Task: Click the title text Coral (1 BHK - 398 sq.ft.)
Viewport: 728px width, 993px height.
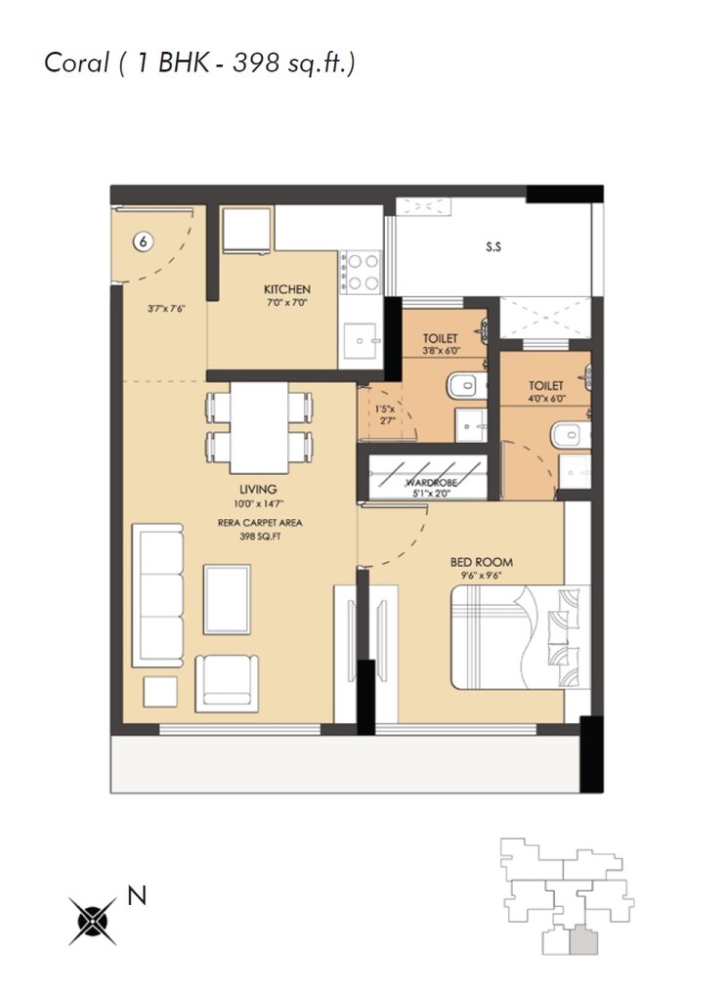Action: (x=199, y=63)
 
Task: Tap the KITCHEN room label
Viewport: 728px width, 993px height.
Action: (x=287, y=289)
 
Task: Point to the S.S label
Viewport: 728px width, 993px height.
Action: (x=493, y=247)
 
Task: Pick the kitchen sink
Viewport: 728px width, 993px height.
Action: (x=366, y=341)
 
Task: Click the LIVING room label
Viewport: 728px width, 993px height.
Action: (x=258, y=490)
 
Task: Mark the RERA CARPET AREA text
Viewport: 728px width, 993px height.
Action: (x=259, y=523)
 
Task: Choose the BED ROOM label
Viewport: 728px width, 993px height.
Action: (x=481, y=562)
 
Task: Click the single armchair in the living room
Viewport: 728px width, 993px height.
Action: (x=228, y=681)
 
